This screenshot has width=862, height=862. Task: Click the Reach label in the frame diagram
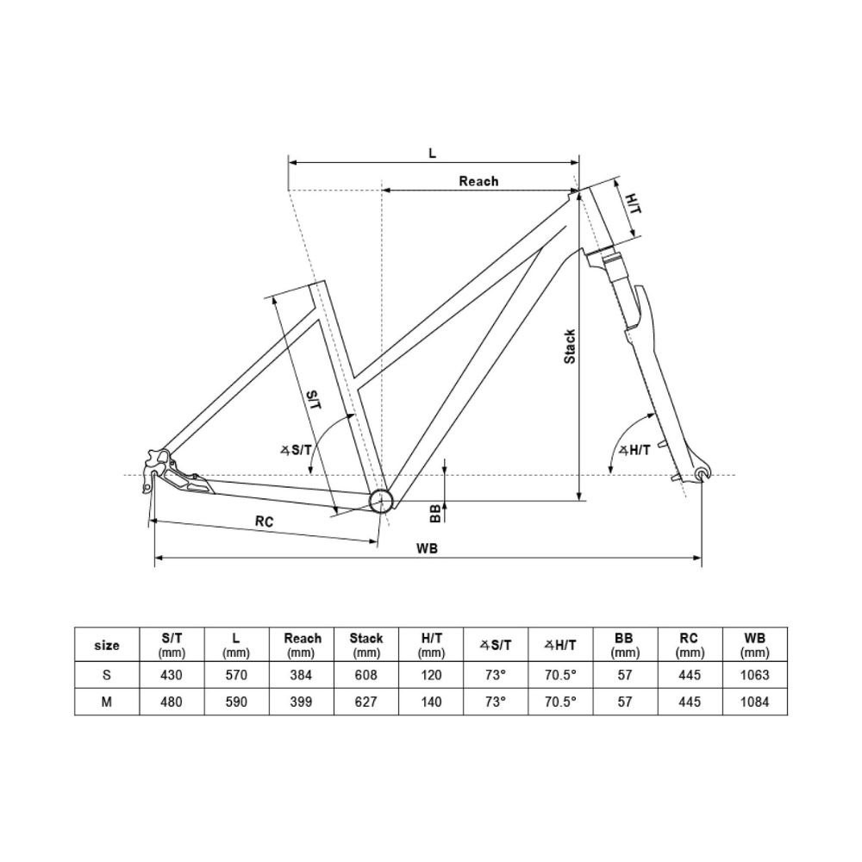point(478,181)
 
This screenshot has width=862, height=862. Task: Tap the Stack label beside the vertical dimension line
point(570,347)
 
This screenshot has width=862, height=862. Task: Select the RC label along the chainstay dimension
point(265,521)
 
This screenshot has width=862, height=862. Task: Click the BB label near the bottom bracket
point(436,513)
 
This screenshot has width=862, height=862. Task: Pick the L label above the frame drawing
point(433,153)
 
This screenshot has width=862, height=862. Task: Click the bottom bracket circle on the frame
point(380,501)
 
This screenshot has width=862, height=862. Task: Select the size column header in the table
point(106,645)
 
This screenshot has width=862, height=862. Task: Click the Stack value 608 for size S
point(365,675)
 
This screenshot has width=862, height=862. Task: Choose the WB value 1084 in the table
point(755,703)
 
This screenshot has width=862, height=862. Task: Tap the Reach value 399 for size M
point(302,703)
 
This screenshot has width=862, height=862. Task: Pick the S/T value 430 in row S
point(172,675)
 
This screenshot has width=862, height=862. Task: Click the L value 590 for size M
point(236,703)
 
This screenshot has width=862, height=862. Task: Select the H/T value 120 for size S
point(431,675)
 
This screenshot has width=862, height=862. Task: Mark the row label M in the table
point(106,703)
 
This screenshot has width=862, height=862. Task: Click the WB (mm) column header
point(755,645)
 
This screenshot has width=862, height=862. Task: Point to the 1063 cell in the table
point(755,675)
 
